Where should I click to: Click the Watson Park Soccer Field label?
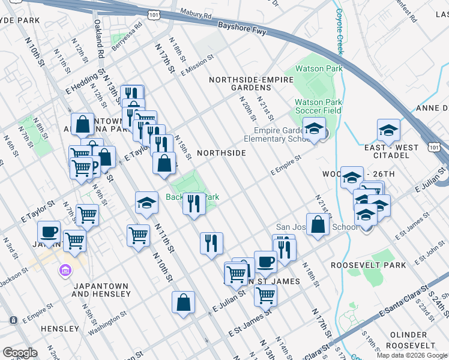(x=318, y=106)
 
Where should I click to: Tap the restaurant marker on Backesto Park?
(x=193, y=203)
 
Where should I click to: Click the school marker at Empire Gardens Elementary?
(x=313, y=128)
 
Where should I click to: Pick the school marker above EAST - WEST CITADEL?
(x=388, y=130)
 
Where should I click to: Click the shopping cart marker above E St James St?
(x=265, y=295)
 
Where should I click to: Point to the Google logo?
(x=20, y=353)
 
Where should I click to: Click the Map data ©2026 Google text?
(x=412, y=355)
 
